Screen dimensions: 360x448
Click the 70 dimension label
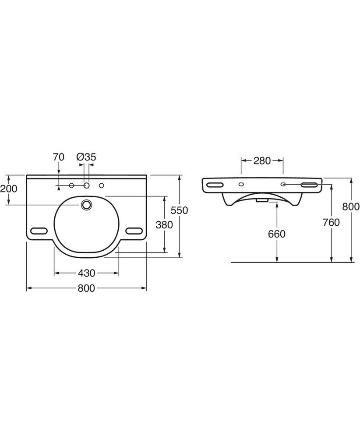tap(58, 157)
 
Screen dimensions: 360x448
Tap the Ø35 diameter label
tap(86, 157)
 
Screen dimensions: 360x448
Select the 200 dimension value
tap(9, 189)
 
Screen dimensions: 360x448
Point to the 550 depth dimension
tap(179, 210)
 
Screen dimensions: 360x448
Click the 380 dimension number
tap(164, 225)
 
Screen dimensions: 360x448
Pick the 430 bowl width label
tap(86, 273)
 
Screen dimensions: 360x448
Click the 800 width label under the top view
tap(86, 288)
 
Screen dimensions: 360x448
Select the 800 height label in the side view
tap(351, 206)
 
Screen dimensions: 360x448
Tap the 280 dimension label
tap(262, 161)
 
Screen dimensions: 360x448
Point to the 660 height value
tap(277, 234)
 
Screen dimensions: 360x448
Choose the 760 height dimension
tap(331, 222)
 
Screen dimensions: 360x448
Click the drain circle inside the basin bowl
tap(86, 205)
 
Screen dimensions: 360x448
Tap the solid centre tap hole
tap(86, 185)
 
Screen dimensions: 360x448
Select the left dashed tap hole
tap(71, 185)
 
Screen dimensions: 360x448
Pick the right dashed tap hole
tap(101, 185)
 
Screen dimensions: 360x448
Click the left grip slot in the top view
tap(39, 231)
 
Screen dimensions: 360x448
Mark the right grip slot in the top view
tap(134, 231)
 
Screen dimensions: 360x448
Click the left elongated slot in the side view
tap(215, 185)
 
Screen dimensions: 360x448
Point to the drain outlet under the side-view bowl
tap(262, 200)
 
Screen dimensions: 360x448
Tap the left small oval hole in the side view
tap(241, 185)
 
